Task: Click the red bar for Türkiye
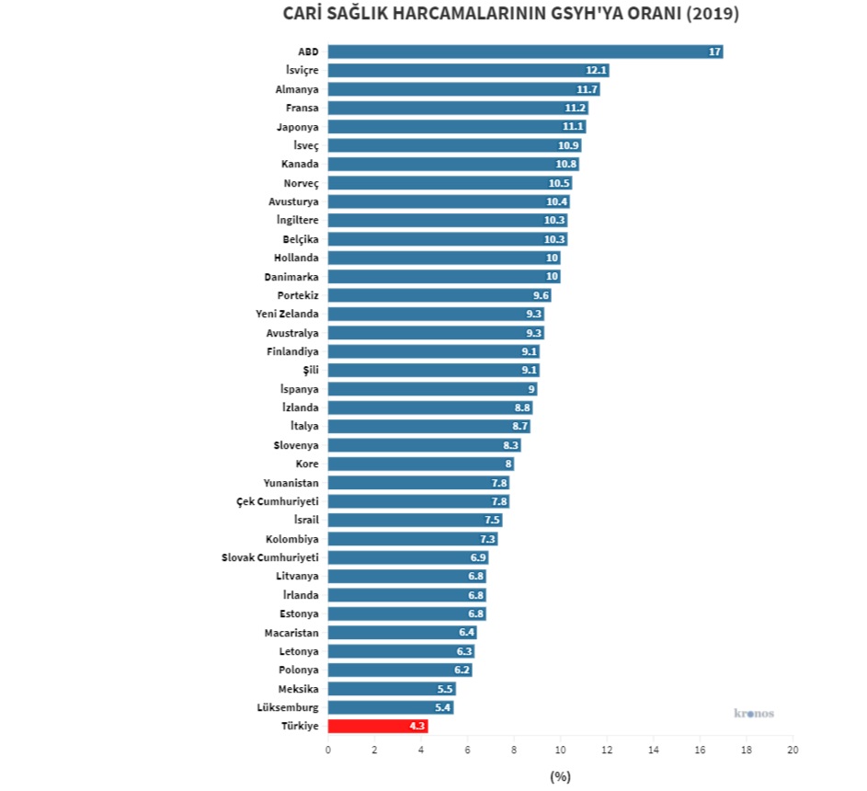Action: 377,727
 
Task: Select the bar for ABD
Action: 524,52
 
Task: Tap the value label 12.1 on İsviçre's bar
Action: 597,71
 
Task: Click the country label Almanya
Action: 297,89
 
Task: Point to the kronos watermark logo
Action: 754,713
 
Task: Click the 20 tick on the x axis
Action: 793,750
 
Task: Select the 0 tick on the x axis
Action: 328,750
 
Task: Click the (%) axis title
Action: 560,776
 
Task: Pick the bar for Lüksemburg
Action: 390,707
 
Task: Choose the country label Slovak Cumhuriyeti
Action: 270,557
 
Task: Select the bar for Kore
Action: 420,464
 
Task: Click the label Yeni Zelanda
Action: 287,314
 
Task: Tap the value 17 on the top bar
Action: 714,52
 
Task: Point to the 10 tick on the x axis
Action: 560,750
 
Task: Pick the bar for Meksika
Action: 391,689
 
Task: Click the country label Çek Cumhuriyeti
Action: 278,501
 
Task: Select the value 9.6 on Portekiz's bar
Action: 541,295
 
